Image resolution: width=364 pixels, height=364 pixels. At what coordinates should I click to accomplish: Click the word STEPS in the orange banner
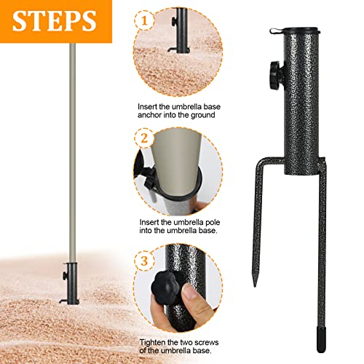[55, 20]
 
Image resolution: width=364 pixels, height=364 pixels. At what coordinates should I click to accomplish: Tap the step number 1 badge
[144, 20]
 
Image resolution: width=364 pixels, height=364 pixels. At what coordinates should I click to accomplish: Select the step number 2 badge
[144, 138]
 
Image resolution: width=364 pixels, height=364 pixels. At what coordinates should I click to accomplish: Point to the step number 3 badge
[144, 261]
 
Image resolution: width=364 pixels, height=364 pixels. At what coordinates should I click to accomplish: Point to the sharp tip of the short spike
[255, 286]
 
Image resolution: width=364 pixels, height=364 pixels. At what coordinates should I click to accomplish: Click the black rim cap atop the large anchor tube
[301, 31]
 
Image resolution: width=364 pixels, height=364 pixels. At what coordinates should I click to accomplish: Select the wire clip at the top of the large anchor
[277, 31]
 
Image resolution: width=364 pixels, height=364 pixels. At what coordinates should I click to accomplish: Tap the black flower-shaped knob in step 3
[165, 288]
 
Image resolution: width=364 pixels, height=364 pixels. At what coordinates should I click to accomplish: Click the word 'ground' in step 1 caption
[203, 115]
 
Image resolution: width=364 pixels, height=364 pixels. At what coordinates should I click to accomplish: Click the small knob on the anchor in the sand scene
[65, 276]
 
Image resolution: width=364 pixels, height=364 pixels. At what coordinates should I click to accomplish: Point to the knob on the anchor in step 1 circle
[174, 21]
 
